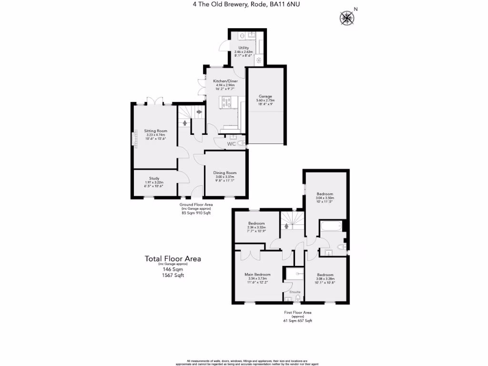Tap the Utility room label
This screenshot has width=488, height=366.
tap(244, 48)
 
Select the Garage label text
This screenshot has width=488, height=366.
tap(266, 96)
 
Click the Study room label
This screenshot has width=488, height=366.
tap(154, 178)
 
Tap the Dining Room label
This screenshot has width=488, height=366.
tap(225, 173)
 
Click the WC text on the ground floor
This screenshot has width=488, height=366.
tap(232, 143)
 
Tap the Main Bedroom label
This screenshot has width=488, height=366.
tap(257, 274)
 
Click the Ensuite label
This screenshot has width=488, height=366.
tap(295, 291)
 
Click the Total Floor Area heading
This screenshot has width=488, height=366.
tap(173, 259)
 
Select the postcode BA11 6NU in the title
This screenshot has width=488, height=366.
tap(286, 5)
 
